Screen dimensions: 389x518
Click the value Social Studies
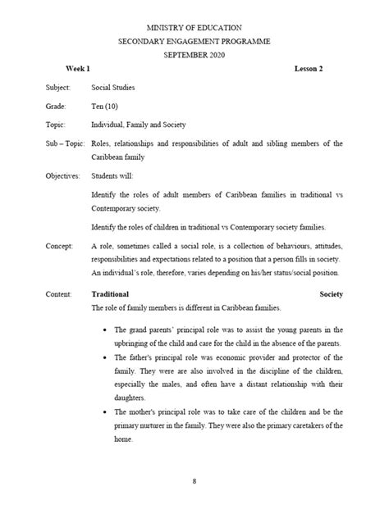click(113, 86)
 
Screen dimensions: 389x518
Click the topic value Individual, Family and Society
click(139, 125)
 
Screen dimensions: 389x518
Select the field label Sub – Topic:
click(66, 143)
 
